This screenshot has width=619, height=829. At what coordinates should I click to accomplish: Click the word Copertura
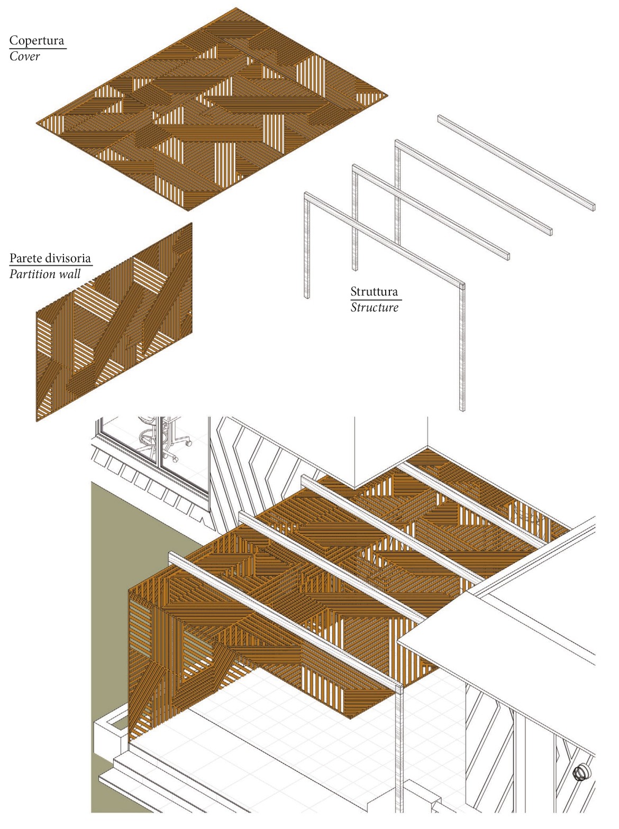pos(37,41)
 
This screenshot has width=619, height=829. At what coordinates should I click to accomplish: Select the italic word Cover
pos(24,57)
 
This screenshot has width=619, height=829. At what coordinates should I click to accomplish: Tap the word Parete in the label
pos(26,259)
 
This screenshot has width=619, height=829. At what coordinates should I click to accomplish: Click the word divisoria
pos(68,259)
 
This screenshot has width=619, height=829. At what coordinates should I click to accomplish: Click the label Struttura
pos(374,291)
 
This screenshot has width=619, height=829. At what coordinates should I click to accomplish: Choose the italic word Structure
pos(374,307)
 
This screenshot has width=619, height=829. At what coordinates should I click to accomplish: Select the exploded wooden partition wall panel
pos(114,323)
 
